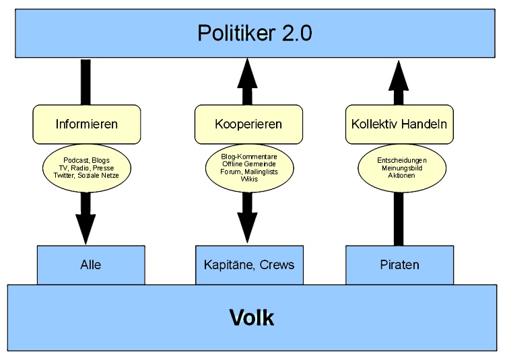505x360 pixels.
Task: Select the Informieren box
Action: tap(87, 124)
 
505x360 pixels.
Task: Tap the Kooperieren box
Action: tap(248, 124)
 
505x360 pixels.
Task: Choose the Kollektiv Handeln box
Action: tap(399, 124)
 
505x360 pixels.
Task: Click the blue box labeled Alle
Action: tap(90, 264)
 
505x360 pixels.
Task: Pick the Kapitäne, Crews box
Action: tap(248, 264)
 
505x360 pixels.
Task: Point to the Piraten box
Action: tap(399, 264)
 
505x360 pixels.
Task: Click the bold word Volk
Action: tap(252, 318)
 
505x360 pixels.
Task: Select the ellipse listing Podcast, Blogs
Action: tap(87, 167)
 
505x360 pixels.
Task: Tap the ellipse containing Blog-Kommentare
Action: tap(248, 167)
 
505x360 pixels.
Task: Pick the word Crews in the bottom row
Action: tap(279, 264)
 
